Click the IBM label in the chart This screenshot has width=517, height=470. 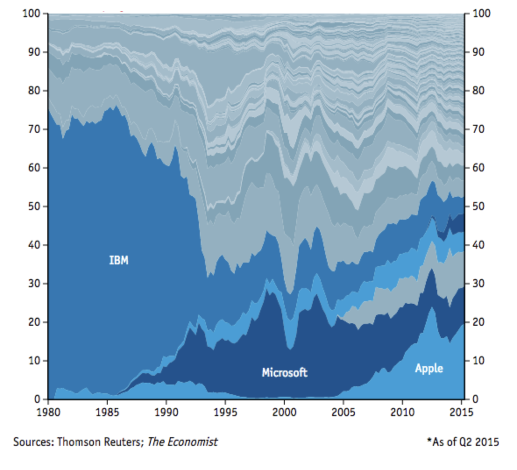coord(119,260)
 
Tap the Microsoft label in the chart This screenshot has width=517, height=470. coord(284,373)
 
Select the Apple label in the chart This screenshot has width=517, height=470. coord(429,368)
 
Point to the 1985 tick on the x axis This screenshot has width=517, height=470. coord(107,412)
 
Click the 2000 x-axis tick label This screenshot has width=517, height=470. coord(284,412)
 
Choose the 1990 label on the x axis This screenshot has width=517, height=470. coord(166,412)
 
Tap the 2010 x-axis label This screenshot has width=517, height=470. coord(402,412)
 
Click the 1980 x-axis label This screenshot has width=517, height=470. coord(48,412)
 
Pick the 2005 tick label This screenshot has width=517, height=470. coord(343,412)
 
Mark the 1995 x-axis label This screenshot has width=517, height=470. coord(225,412)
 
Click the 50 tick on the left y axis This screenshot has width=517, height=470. coord(35,206)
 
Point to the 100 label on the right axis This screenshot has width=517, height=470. coord(482,14)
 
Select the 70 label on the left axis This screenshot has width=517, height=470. coord(35,129)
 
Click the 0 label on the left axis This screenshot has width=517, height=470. coord(38,399)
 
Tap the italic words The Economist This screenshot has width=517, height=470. coord(182,442)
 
